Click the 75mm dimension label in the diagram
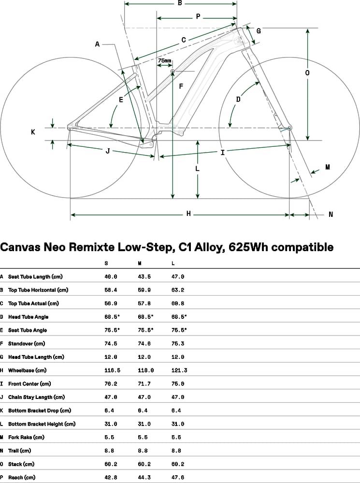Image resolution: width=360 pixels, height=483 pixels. coord(164,61)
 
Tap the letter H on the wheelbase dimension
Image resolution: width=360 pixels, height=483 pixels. coord(189,214)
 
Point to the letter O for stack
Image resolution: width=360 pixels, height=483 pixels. coord(307,73)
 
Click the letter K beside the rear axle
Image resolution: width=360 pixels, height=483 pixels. coord(33,132)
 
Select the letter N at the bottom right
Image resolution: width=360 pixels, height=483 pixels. coord(331,214)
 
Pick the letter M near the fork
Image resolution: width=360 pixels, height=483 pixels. coord(328,167)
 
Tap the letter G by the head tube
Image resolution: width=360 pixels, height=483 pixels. coord(259,31)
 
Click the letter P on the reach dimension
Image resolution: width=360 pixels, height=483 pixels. coord(198,16)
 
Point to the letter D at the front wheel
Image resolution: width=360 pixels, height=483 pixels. coord(238,100)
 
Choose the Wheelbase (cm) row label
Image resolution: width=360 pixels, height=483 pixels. coord(28,370)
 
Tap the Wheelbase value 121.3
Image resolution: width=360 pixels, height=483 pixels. coord(179,370)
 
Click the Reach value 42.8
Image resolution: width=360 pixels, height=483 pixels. coord(112,477)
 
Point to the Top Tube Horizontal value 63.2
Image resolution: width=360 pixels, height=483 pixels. coord(179,290)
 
